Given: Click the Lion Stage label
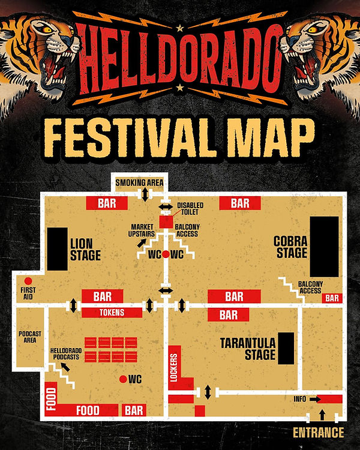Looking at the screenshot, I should pos(85,250).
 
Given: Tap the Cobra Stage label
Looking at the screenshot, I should pos(290,247).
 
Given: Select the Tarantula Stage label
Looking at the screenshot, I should pos(248,349).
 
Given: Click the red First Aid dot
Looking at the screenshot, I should pos(28,281).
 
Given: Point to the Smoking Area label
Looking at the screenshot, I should pos(140,182).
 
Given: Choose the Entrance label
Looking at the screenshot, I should pos(318,433).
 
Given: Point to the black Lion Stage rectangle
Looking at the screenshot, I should pos(58,249).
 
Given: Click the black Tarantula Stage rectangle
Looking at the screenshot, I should pos(286,348).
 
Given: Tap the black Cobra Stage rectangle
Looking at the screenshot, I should pos(324,246).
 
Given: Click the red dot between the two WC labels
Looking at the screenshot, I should pos(166,254).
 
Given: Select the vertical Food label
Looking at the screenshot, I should pos(50,398).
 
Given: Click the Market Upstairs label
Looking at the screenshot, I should pos(143,230).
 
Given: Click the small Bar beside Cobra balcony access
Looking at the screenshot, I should pos(332,298).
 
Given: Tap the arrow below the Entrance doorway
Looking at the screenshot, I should pos(322,415).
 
